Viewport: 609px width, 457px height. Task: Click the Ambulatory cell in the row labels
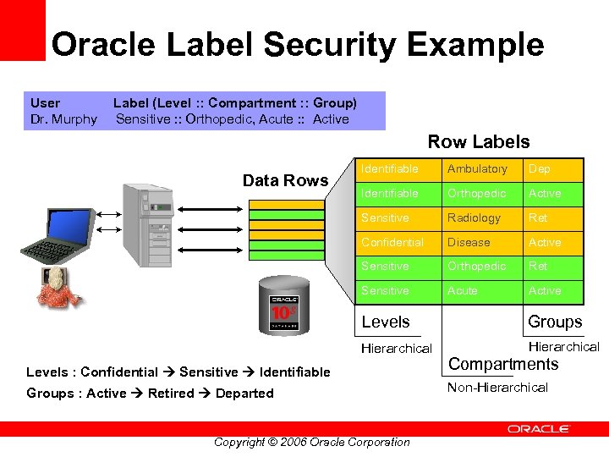click(x=477, y=169)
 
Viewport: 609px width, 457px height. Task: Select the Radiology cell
click(x=474, y=217)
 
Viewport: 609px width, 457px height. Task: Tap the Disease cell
click(x=469, y=242)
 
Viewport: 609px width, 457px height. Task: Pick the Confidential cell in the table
click(x=392, y=242)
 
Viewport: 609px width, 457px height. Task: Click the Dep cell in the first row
click(x=539, y=169)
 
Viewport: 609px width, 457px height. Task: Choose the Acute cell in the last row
click(x=463, y=290)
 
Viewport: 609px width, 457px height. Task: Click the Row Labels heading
click(x=478, y=142)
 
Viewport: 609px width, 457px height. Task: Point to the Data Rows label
click(x=285, y=180)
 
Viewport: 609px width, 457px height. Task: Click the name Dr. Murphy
click(x=63, y=119)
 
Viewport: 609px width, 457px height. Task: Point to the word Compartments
click(x=503, y=365)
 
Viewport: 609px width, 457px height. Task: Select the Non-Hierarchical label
click(x=497, y=388)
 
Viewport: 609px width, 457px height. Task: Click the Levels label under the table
click(x=385, y=322)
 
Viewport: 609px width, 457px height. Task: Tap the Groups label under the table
click(x=555, y=322)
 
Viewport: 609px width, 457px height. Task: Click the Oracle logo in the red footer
click(x=538, y=429)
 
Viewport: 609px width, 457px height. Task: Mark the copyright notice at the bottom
click(x=311, y=442)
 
